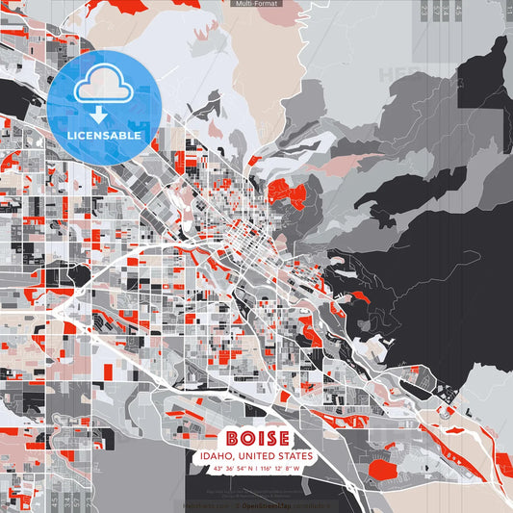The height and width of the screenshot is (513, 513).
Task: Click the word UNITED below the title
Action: click(258, 455)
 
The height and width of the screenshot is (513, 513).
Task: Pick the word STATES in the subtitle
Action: click(295, 455)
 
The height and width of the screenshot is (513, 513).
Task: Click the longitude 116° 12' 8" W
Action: click(281, 468)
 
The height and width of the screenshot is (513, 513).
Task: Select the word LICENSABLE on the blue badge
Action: click(103, 136)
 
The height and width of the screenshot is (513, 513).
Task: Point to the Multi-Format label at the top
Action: click(255, 5)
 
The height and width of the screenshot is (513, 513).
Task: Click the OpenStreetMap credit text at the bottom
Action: click(266, 504)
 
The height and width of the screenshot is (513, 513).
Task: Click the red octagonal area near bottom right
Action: click(383, 470)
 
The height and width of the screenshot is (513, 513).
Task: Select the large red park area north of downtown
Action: click(287, 193)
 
